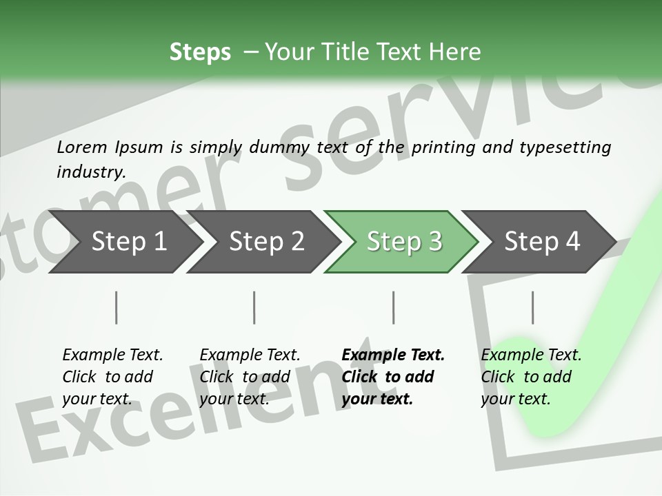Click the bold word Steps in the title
(x=200, y=52)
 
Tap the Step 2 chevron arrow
(x=266, y=241)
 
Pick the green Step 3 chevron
(x=404, y=241)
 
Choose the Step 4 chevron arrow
(x=542, y=241)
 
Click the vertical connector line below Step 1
(x=116, y=307)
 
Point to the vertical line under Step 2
(x=254, y=307)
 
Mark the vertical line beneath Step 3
(x=393, y=307)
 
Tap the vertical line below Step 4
(x=532, y=307)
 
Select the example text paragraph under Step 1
(x=112, y=376)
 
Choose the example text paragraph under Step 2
(x=250, y=376)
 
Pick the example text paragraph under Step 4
(x=531, y=376)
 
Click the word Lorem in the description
(x=81, y=147)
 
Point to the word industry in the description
(x=90, y=172)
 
